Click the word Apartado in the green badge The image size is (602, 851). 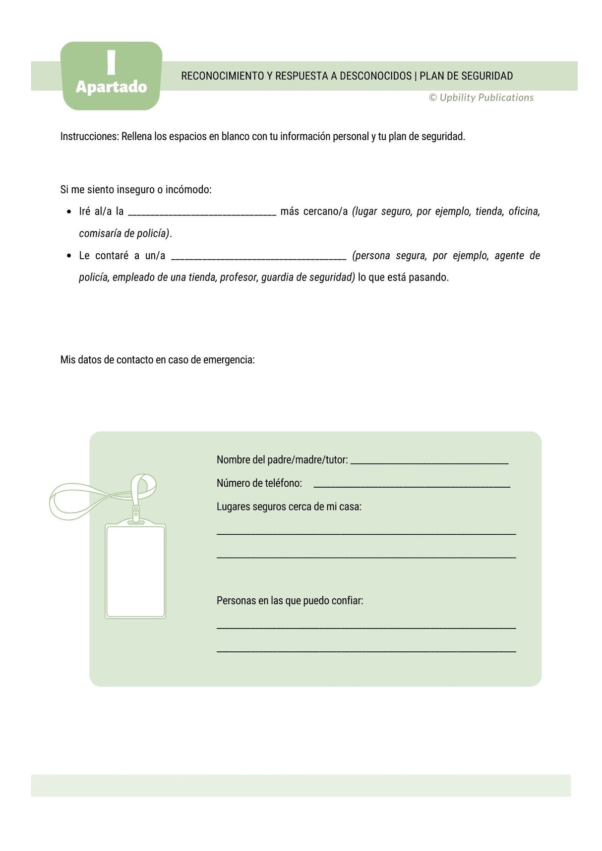pyautogui.click(x=111, y=87)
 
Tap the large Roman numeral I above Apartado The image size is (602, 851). pyautogui.click(x=111, y=62)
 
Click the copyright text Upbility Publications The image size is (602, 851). pyautogui.click(x=486, y=98)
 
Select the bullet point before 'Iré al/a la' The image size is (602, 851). pyautogui.click(x=69, y=212)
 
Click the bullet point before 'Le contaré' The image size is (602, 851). pyautogui.click(x=69, y=256)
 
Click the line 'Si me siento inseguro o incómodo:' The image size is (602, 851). pyautogui.click(x=136, y=190)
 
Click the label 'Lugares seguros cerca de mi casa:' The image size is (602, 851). pyautogui.click(x=289, y=507)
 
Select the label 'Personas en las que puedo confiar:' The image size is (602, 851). pyautogui.click(x=290, y=601)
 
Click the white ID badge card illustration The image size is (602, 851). pyautogui.click(x=135, y=571)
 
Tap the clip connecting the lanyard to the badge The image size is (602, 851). pyautogui.click(x=136, y=514)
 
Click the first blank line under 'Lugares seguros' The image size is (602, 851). pyautogui.click(x=366, y=533)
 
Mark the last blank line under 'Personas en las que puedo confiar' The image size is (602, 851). pyautogui.click(x=366, y=650)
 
